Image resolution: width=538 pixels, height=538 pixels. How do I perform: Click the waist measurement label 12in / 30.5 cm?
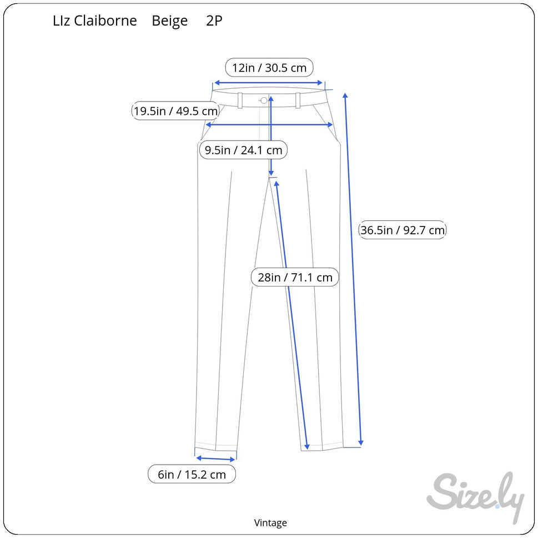(269, 68)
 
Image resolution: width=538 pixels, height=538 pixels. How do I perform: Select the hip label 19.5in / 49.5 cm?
(175, 111)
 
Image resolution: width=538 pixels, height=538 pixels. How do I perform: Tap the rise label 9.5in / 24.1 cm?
(243, 150)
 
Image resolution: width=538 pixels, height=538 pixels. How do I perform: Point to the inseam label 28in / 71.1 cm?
(295, 277)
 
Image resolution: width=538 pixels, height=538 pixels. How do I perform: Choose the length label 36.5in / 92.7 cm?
(403, 230)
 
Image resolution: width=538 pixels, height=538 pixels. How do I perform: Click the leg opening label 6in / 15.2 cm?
(192, 474)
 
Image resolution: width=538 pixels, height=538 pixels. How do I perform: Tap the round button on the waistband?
(264, 100)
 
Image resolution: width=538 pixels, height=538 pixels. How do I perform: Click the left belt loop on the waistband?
(240, 100)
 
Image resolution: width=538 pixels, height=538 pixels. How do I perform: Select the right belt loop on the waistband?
(298, 100)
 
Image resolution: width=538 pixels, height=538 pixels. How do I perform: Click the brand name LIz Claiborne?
(95, 21)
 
